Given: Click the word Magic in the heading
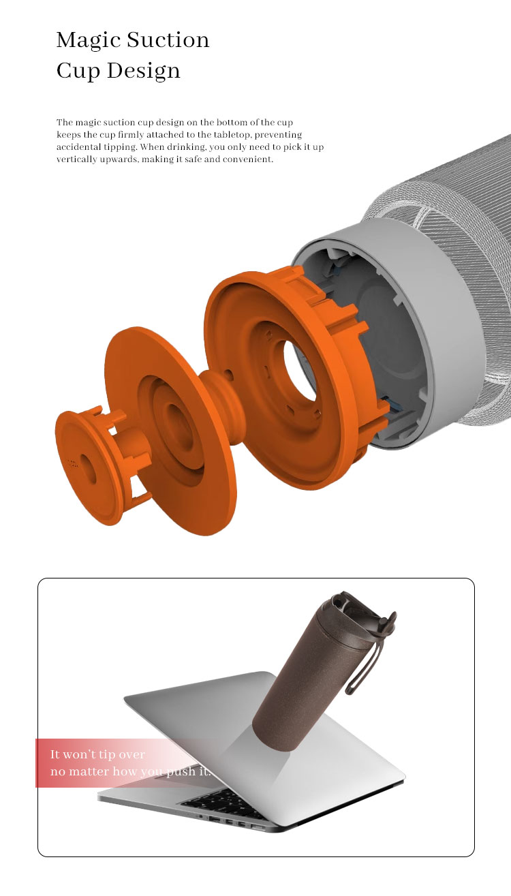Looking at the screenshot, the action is pos(88,41).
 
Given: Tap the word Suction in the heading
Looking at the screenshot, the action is pos(168,40).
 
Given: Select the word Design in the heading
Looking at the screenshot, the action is pos(144,71).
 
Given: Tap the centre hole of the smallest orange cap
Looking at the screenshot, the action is pos(88,468).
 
